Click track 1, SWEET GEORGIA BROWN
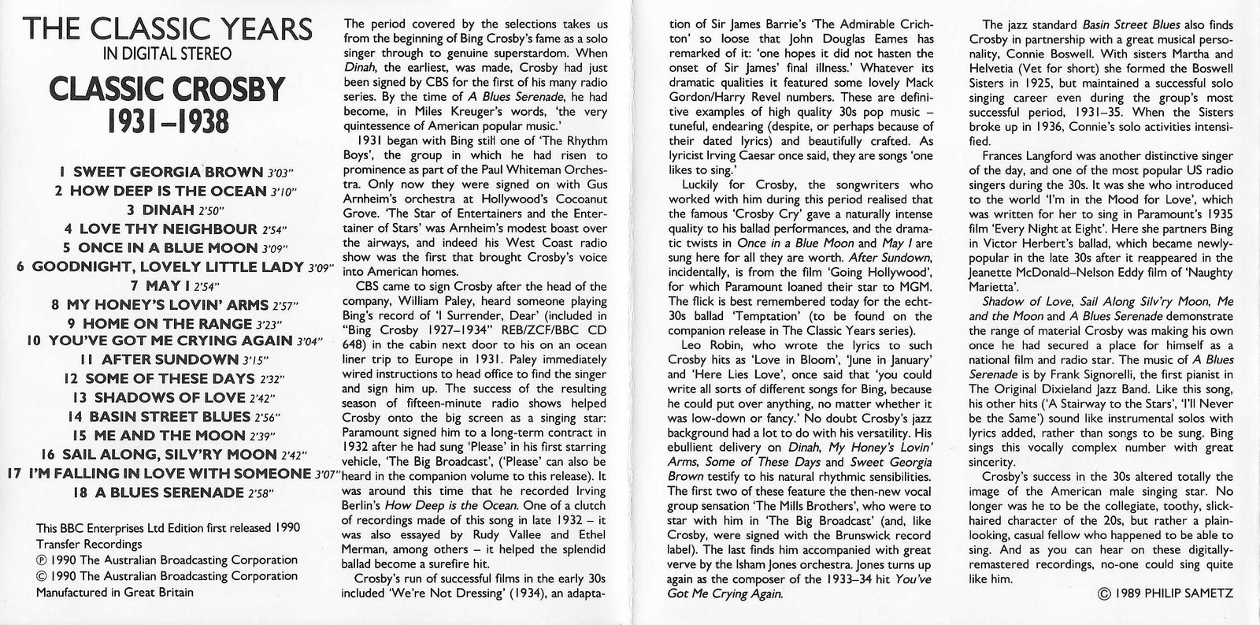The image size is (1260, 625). pyautogui.click(x=161, y=171)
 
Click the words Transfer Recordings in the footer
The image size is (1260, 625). pyautogui.click(x=89, y=544)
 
